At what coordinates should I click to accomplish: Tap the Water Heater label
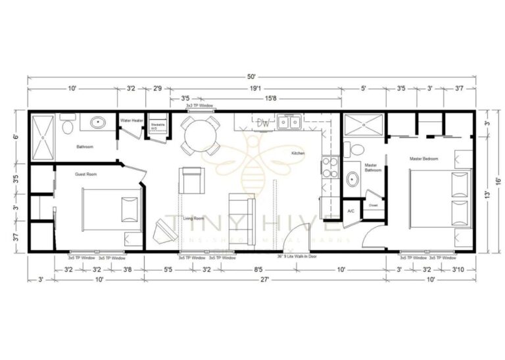coord(132,120)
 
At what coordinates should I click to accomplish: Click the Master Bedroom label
coord(423,159)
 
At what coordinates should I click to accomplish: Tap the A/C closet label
coord(352,211)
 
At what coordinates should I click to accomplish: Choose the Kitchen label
coord(299,153)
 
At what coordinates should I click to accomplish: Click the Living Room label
coord(194,218)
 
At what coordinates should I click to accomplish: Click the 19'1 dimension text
coord(253,88)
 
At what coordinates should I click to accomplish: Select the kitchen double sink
coord(289,121)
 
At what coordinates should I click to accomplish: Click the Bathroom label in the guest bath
coord(86,147)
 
